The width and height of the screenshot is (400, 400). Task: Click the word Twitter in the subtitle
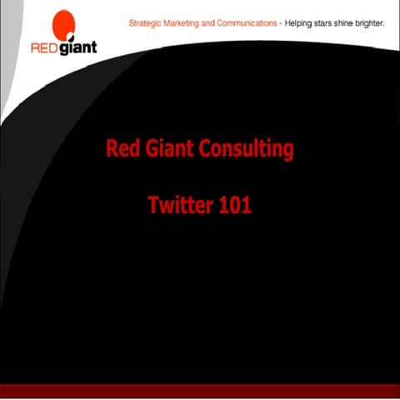click(x=180, y=205)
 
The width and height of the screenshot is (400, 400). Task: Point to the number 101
click(x=235, y=205)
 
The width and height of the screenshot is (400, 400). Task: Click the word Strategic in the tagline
click(x=145, y=24)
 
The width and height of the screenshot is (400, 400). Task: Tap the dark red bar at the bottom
click(x=200, y=392)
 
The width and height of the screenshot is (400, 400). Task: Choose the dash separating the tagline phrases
click(x=281, y=24)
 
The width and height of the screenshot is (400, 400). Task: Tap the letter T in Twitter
click(x=153, y=204)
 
